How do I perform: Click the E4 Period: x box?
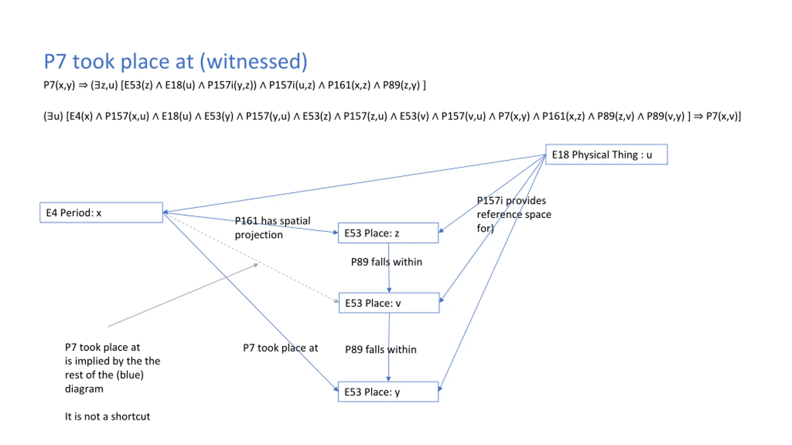[x=101, y=213]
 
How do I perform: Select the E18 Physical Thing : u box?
[x=606, y=155]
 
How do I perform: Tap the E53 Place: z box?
[x=388, y=233]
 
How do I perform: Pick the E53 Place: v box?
[x=389, y=303]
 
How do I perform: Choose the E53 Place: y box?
[x=388, y=392]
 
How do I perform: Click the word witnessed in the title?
[x=253, y=61]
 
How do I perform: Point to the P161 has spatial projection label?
[x=272, y=228]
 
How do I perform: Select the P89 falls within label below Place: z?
[x=386, y=262]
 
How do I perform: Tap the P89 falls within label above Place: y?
[x=381, y=350]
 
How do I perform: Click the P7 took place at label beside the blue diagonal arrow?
[x=280, y=348]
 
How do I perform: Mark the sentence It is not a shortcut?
[x=107, y=417]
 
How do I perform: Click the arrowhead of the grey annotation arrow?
[x=256, y=265]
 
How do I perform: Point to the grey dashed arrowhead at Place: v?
[x=336, y=301]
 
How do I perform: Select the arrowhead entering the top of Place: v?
[x=389, y=290]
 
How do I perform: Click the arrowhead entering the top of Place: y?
[x=389, y=379]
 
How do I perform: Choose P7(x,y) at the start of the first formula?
[x=59, y=85]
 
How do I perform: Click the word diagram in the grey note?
[x=84, y=389]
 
